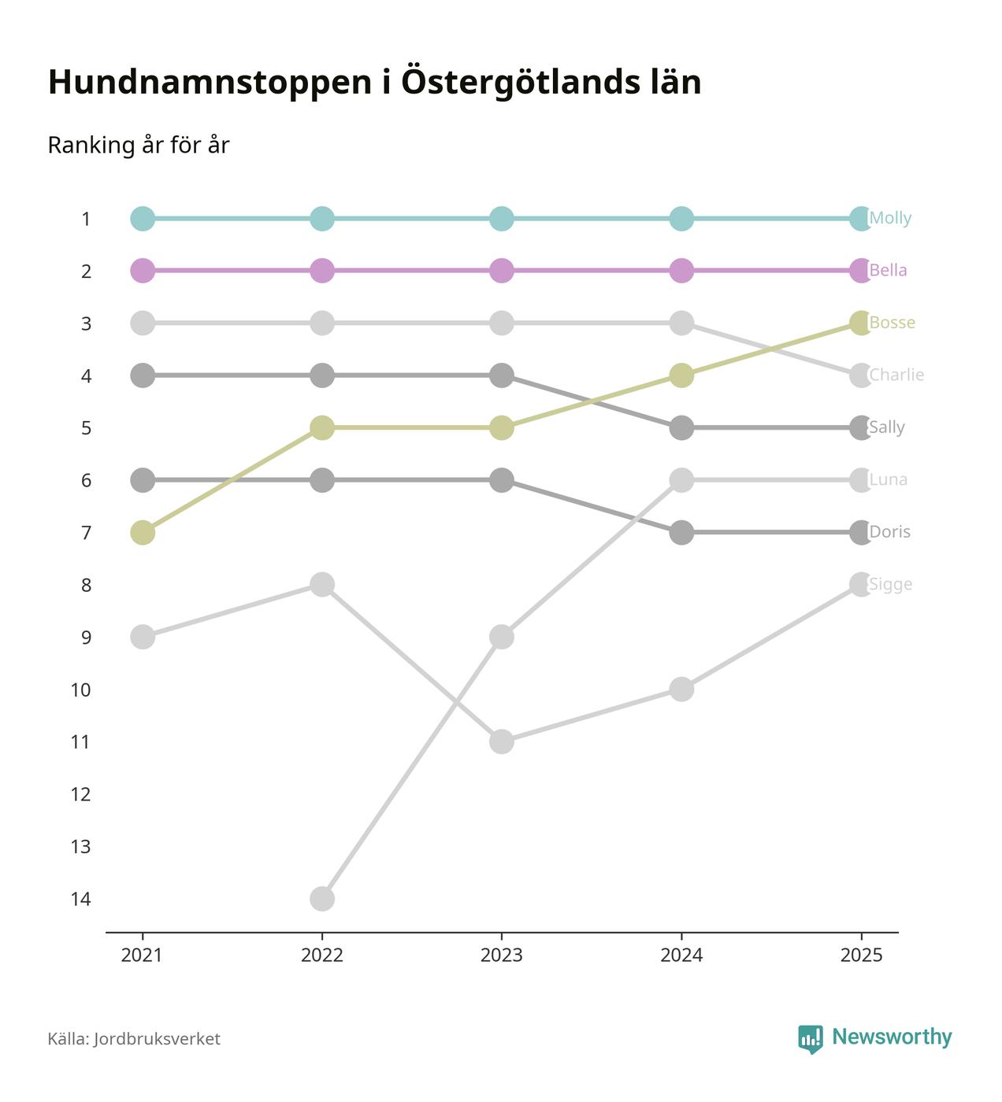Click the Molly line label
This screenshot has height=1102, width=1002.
[890, 218]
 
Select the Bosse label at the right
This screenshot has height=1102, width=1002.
[892, 323]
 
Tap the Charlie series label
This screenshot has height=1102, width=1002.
[896, 375]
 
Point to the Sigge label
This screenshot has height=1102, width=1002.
[890, 584]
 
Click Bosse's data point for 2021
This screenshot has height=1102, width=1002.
[143, 532]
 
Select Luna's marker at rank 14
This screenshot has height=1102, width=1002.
[322, 898]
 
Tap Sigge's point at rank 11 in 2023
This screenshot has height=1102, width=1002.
[502, 741]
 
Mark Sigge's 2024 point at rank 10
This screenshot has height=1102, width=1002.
[681, 690]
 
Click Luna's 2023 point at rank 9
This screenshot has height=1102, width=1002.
[502, 637]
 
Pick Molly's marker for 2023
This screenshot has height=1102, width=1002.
[502, 218]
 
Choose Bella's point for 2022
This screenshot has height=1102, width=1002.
[322, 271]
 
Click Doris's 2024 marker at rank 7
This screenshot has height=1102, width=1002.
[681, 532]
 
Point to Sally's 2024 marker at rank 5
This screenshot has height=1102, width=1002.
[681, 427]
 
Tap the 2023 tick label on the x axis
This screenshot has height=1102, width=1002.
[502, 956]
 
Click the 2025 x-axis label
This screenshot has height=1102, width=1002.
[861, 956]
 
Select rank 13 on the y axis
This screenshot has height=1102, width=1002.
[80, 847]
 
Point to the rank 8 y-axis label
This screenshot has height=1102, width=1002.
[86, 585]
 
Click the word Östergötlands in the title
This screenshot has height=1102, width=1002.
[512, 83]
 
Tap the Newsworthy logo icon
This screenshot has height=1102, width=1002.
[810, 1039]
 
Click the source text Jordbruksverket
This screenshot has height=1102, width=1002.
[157, 1039]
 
